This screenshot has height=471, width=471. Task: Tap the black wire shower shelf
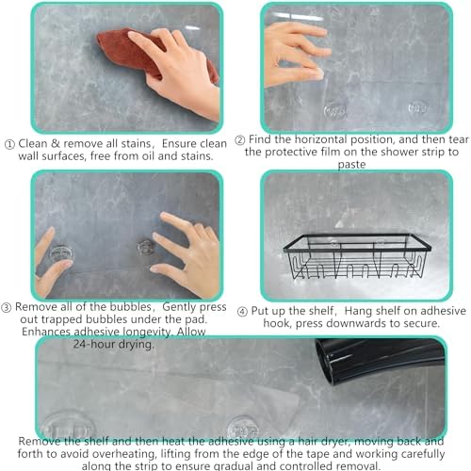tap(357, 256)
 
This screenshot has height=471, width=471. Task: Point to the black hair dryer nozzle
tap(380, 361)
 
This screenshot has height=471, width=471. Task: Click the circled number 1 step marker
tap(9, 144)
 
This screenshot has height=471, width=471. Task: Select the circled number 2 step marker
tap(240, 140)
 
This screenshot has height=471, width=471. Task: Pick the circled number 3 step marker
tap(7, 307)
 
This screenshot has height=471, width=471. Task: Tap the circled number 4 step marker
tap(242, 312)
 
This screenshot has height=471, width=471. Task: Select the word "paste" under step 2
tap(351, 164)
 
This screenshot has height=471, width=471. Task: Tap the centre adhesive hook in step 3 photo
tap(146, 248)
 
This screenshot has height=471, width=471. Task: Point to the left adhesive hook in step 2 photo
tap(335, 110)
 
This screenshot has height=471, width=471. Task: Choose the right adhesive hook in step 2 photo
tap(418, 107)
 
